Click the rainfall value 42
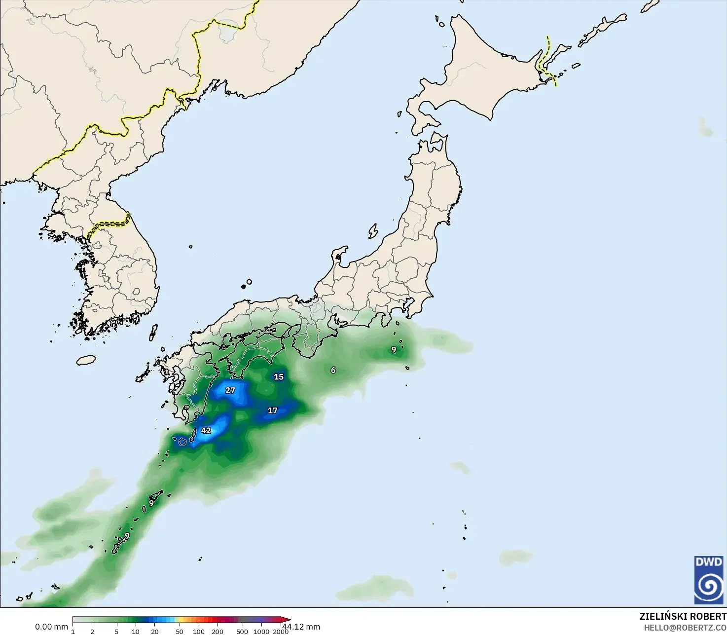(x=206, y=430)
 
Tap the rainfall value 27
(x=230, y=390)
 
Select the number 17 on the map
(x=273, y=410)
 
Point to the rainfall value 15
(x=279, y=376)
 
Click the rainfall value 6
(x=333, y=370)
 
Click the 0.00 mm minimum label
(x=51, y=627)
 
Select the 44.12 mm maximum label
(x=302, y=627)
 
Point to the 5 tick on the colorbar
(x=116, y=631)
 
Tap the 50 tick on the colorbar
(x=180, y=631)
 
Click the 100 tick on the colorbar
(x=199, y=631)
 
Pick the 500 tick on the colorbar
(x=242, y=631)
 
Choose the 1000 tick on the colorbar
(x=261, y=631)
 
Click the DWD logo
(x=709, y=580)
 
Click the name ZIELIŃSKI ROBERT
(x=683, y=616)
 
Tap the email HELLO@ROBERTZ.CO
(x=685, y=627)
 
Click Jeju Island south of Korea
(x=86, y=360)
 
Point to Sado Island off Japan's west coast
(x=373, y=231)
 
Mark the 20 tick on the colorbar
(x=155, y=631)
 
